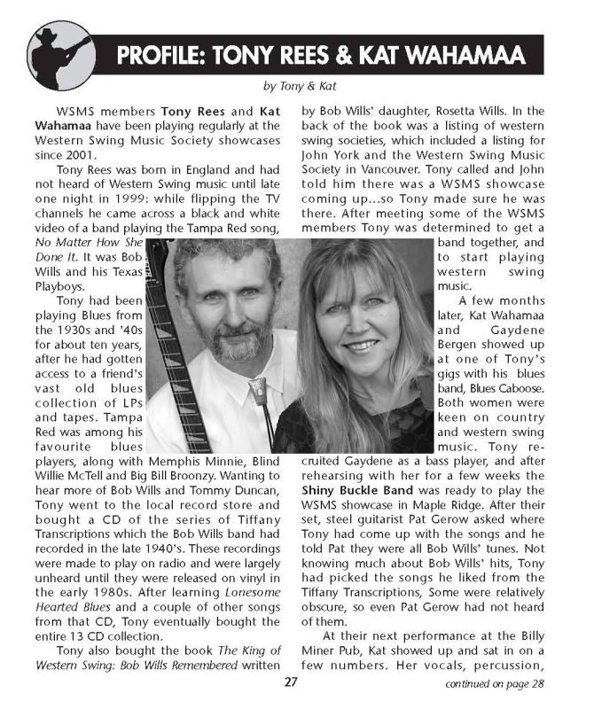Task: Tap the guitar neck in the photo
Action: coord(172,354)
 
